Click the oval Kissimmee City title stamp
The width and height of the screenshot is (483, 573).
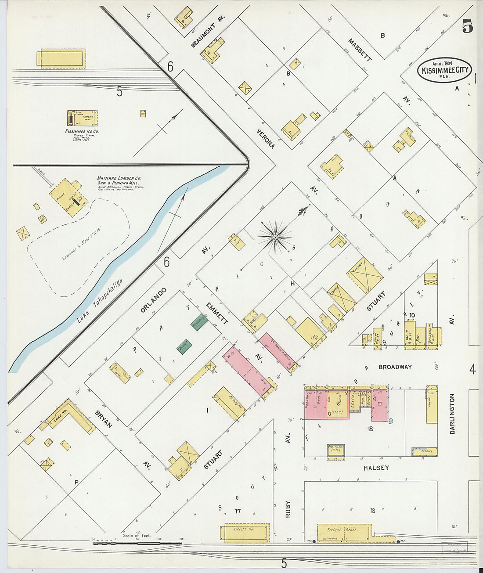point(444,70)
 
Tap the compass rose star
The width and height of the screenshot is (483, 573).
point(275,238)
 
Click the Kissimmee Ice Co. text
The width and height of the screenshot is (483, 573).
point(82,131)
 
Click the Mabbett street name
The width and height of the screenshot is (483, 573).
point(360,50)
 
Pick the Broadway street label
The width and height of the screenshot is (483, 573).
point(394,367)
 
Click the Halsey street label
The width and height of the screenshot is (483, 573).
point(376,468)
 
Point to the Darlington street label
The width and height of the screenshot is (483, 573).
point(452,414)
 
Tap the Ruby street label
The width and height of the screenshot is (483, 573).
point(288,509)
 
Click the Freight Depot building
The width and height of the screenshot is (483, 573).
point(344,532)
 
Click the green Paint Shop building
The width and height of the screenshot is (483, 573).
point(199,322)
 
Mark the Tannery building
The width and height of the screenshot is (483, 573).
point(424,451)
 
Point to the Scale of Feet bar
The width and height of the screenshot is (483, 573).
point(137,543)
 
